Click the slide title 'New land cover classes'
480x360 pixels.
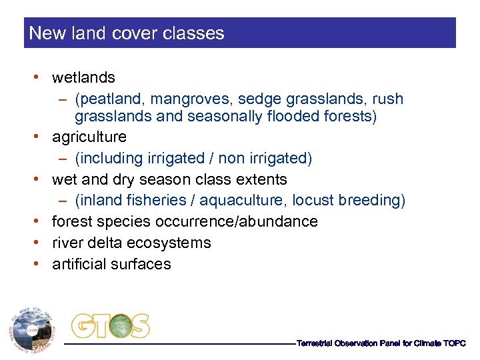click(127, 33)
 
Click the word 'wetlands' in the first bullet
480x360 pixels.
click(83, 78)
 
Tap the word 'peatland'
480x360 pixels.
click(111, 99)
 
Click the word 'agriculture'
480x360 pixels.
click(89, 137)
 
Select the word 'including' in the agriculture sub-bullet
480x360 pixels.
click(108, 158)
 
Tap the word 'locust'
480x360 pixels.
click(324, 201)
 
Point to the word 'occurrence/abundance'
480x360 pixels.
click(243, 221)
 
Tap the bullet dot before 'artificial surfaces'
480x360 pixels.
click(43, 264)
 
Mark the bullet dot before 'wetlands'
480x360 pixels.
click(43, 78)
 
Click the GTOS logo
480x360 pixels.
click(111, 326)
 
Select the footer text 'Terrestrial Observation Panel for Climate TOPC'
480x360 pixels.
click(381, 343)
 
